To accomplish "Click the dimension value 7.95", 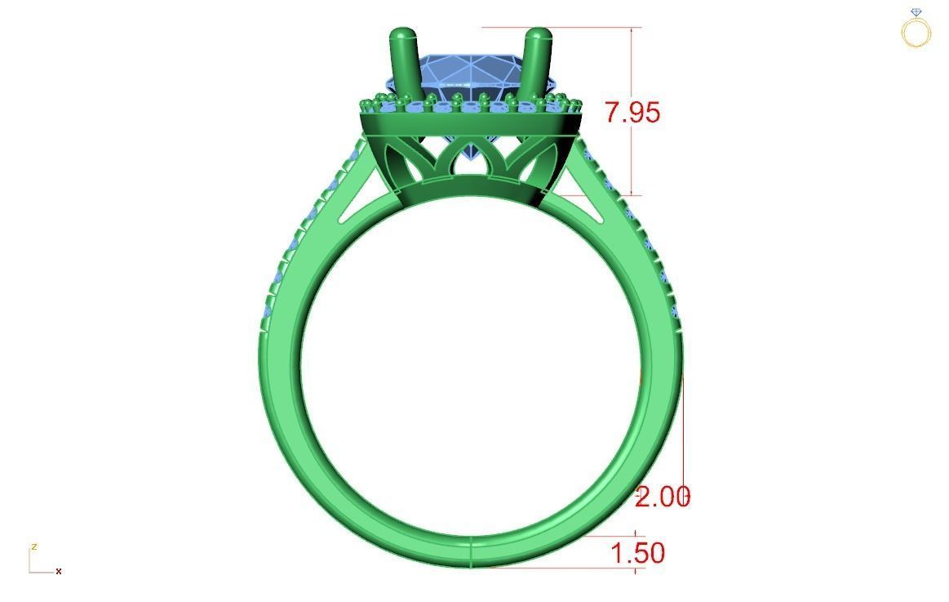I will coord(632,112).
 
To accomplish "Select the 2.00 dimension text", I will coord(662,497).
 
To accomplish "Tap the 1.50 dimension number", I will coord(637,553).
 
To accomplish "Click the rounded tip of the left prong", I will coord(402,37).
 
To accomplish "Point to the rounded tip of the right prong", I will coord(539,37).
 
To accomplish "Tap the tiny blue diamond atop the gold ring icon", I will coord(916,12).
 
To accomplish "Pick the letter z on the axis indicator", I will coord(33,546).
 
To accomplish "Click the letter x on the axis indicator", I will coord(59,571).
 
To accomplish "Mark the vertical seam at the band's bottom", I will coord(471,553).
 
